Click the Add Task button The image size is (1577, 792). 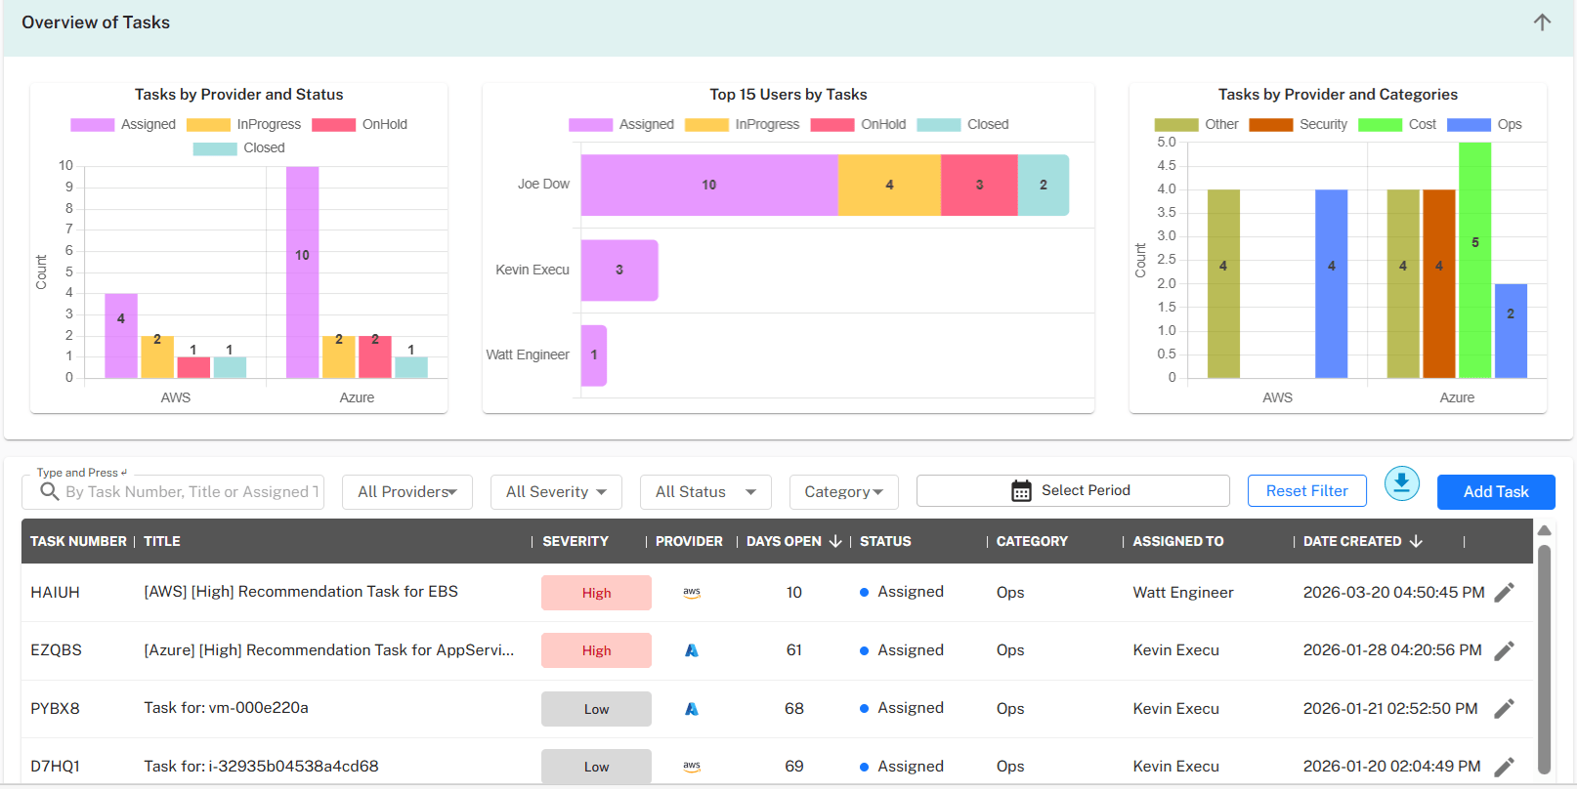(1495, 491)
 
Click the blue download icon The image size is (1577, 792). (1401, 483)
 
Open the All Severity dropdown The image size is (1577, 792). (556, 492)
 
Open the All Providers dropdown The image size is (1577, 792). (406, 492)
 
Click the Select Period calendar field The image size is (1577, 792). (1072, 490)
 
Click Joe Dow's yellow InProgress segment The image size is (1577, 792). (888, 185)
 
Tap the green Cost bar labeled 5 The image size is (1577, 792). (1474, 260)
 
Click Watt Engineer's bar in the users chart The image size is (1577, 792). (593, 355)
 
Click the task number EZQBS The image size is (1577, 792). (56, 650)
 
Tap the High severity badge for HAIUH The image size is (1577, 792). (596, 593)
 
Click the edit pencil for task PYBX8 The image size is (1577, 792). (1504, 709)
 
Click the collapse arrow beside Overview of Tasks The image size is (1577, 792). (1542, 22)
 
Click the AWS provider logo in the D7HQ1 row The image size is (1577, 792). (692, 767)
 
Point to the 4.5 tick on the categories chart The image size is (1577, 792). (1166, 166)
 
